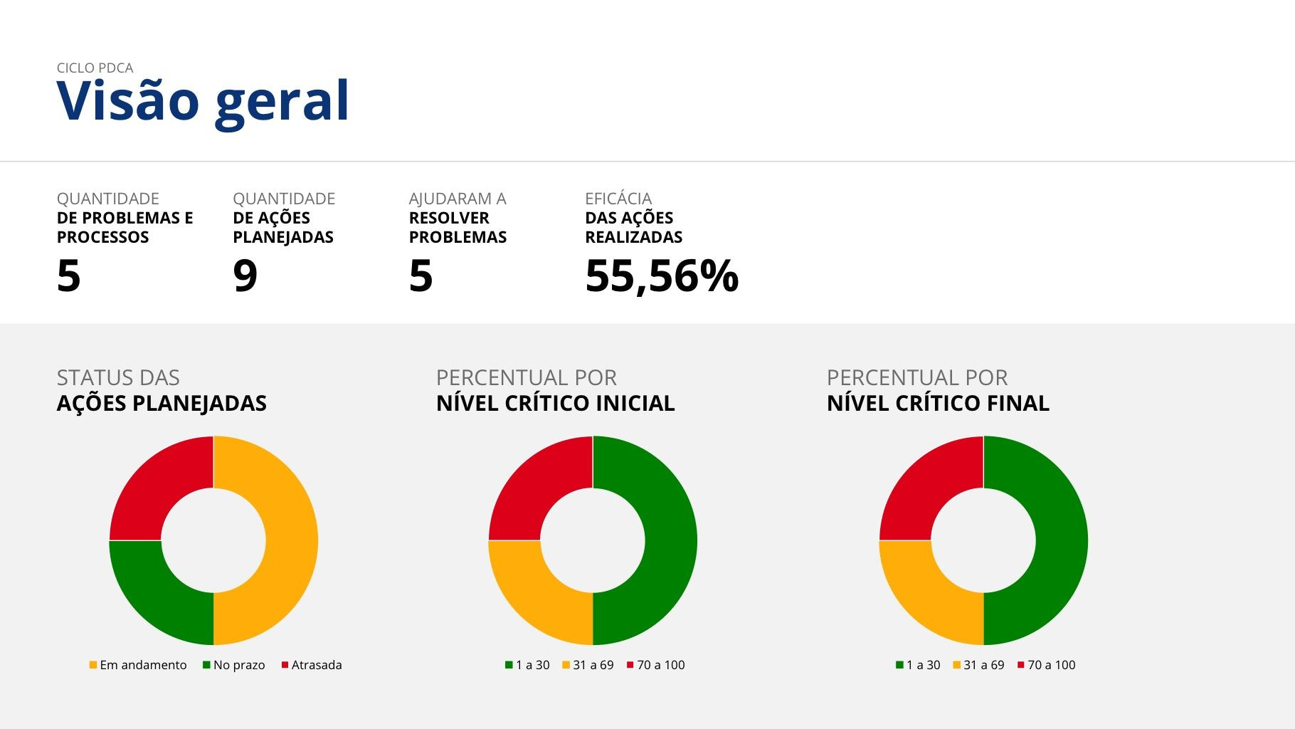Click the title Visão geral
point(203,101)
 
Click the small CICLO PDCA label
point(95,68)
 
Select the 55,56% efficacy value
point(662,276)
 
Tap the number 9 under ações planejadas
point(245,276)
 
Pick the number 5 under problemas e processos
point(68,276)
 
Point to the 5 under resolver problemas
point(421,276)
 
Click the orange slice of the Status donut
point(292,540)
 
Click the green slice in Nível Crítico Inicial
point(671,540)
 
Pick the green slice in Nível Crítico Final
point(1062,540)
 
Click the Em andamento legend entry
point(138,665)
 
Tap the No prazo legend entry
point(234,665)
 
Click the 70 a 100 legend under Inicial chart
point(656,665)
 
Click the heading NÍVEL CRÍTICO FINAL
point(938,403)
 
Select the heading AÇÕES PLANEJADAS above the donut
point(162,403)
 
